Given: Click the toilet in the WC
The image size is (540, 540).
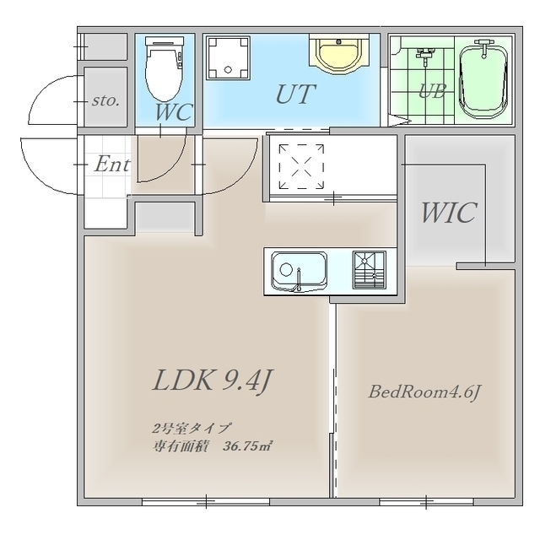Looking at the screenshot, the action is (x=164, y=68).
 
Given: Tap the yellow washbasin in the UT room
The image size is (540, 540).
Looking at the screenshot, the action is (x=339, y=54).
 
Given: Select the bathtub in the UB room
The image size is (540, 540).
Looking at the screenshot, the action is (x=483, y=80).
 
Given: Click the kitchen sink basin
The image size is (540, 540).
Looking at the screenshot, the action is (x=299, y=271).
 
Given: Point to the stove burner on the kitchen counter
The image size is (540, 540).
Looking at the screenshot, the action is (x=370, y=270).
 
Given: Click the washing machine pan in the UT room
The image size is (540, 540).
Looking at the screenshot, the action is (x=228, y=58).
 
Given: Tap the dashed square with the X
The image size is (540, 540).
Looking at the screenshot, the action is (x=301, y=167).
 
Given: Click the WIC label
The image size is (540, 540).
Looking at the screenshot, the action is (x=449, y=213).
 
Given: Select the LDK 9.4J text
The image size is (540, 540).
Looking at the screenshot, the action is (x=213, y=380).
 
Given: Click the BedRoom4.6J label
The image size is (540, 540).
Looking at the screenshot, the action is (x=424, y=392).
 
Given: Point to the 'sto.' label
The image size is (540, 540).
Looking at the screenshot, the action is (x=105, y=100).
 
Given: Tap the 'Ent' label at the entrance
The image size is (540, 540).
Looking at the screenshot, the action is (x=112, y=164).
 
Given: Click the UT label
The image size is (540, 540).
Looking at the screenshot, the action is (x=295, y=94).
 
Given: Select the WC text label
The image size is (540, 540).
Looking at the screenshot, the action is (x=173, y=112).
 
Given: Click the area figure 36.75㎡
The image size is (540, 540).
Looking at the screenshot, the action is (x=246, y=446).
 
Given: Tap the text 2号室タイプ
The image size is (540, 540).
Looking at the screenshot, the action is (x=191, y=429).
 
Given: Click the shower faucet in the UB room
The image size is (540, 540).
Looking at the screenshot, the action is (x=426, y=55).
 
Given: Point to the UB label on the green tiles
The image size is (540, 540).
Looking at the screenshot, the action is (x=433, y=91).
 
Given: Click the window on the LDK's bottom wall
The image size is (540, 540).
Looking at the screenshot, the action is (x=206, y=501).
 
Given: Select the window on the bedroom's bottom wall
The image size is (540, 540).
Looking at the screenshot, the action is (x=426, y=501).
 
